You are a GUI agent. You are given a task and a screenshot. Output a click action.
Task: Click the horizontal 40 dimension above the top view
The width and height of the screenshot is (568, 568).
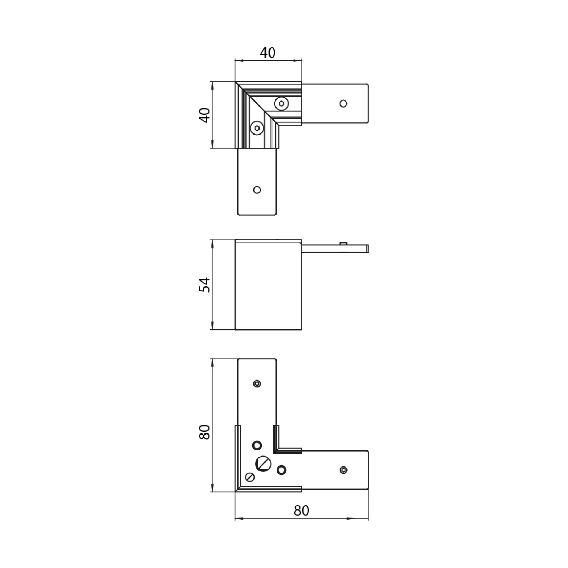pos(268,53)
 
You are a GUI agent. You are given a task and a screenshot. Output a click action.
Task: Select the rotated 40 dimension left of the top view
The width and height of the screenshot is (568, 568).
pos(205,115)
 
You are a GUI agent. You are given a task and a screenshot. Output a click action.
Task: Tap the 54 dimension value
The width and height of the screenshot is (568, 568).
pos(205,285)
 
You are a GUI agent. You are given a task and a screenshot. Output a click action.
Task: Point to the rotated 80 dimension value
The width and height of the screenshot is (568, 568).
pos(205,432)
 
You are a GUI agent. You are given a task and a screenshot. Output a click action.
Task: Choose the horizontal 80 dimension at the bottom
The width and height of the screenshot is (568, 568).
pos(301,510)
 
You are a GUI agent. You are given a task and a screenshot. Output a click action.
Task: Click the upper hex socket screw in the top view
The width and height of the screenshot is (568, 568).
pos(282,104)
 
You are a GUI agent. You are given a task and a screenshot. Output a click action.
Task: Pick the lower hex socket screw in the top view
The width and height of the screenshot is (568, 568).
pos(257,128)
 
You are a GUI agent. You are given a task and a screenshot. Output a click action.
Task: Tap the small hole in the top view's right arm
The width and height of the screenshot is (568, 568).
pos(343,104)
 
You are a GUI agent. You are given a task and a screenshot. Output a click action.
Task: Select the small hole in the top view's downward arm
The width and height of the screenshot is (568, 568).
pos(257,190)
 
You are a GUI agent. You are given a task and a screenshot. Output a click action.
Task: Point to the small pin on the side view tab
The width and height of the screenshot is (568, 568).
pos(343,243)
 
